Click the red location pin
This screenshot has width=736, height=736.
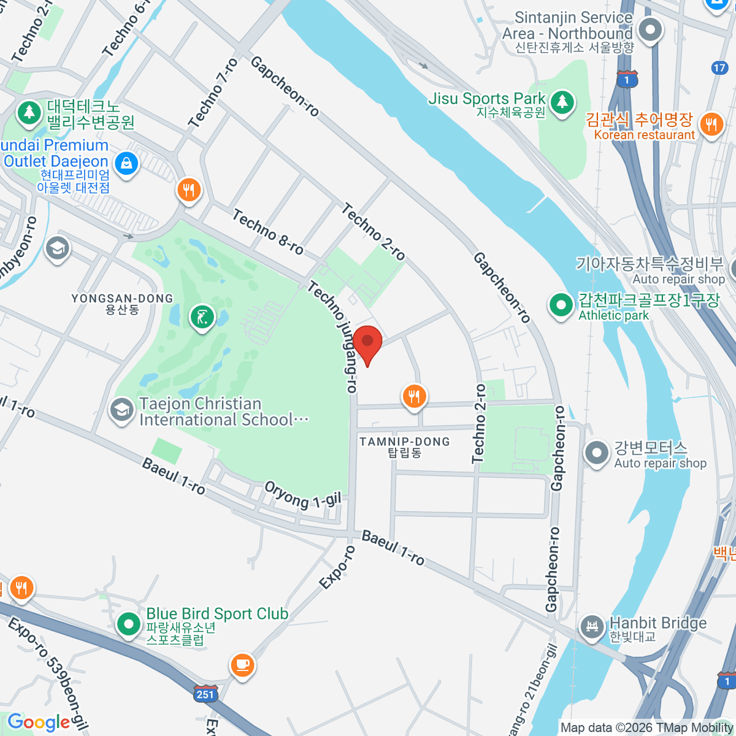[367, 341]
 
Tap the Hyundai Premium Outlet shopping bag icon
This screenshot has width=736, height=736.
[126, 163]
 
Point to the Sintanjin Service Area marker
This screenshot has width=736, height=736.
[650, 29]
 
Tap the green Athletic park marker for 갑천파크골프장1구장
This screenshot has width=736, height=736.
[561, 305]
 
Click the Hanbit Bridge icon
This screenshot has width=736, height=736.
[592, 627]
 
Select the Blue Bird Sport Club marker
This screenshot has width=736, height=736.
[129, 624]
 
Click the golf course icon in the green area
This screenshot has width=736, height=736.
[202, 317]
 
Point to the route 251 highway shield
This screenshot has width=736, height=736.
[205, 694]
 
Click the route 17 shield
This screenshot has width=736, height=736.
[719, 68]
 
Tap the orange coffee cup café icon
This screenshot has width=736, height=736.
[242, 664]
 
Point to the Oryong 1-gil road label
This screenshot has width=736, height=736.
[302, 494]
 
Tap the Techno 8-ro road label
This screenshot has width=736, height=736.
[268, 232]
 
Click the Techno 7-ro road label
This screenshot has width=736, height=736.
[213, 93]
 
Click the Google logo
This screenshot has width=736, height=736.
[39, 722]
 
